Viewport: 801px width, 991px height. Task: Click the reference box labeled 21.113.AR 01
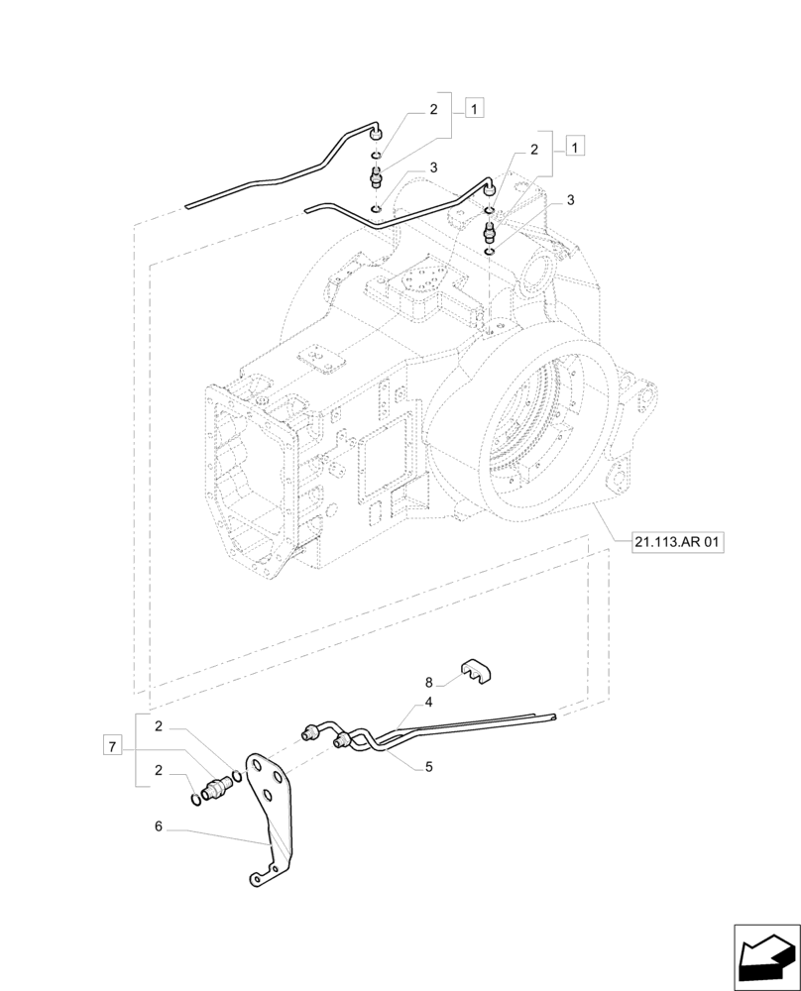click(678, 542)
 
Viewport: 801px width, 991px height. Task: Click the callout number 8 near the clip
click(429, 682)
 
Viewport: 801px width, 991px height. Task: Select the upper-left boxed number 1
click(475, 109)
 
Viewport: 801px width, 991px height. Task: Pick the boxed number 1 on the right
click(575, 147)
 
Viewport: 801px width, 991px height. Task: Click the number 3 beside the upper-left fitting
click(433, 169)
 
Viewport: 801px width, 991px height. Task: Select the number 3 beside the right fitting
click(570, 201)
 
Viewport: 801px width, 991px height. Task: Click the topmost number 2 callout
click(433, 111)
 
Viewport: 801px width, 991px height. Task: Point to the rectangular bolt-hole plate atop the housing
click(421, 283)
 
